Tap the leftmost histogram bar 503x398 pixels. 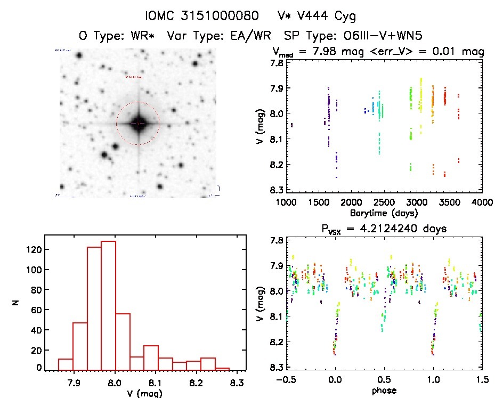pos(66,364)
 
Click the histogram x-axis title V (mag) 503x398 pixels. pos(145,394)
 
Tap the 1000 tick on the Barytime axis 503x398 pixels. pos(286,203)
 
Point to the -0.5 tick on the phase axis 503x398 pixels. pos(286,380)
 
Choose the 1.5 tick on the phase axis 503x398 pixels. pos(482,380)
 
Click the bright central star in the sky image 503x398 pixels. pos(138,123)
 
